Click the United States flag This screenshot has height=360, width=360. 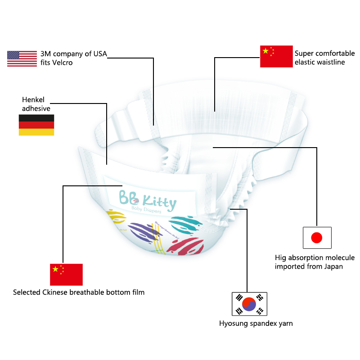coord(22,58)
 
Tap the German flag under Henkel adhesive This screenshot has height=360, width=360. coord(36,125)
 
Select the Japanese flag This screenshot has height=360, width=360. coord(317,237)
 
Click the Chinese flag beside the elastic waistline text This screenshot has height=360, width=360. coord(276,56)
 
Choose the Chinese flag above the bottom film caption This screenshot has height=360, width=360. coord(66,274)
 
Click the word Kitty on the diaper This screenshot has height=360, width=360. coord(159,203)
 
